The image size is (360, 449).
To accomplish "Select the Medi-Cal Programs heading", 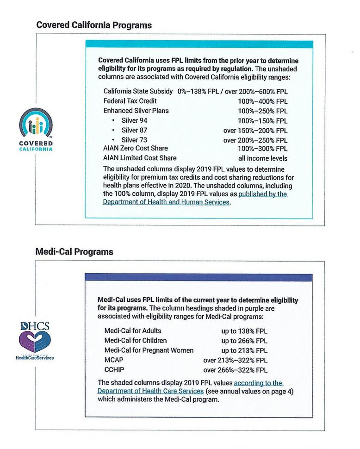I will click(x=74, y=252).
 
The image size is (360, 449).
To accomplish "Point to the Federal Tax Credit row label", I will click(x=130, y=101).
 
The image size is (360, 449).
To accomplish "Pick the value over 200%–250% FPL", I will click(x=255, y=140).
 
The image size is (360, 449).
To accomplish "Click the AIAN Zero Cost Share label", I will click(x=136, y=148).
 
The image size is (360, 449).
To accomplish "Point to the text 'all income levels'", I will click(x=262, y=158).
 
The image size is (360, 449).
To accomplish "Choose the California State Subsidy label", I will click(x=138, y=91).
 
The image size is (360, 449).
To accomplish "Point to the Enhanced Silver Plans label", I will click(x=136, y=111).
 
